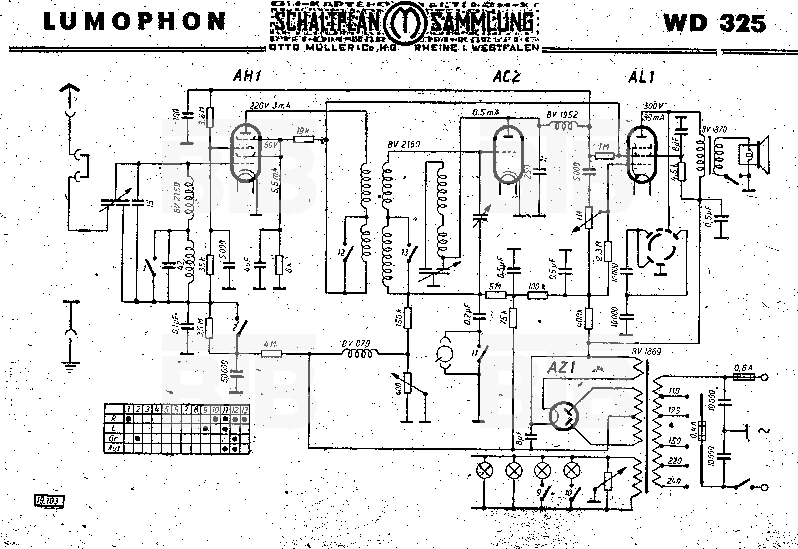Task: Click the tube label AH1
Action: [x=247, y=76]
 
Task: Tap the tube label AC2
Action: [x=506, y=77]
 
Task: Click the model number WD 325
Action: [x=715, y=23]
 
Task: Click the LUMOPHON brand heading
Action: [x=134, y=21]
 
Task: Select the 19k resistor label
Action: [x=303, y=131]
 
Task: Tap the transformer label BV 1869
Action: [x=646, y=351]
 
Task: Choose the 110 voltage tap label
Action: [x=674, y=391]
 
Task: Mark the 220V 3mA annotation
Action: [x=270, y=106]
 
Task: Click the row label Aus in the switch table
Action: [x=114, y=448]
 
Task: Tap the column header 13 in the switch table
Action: [x=245, y=410]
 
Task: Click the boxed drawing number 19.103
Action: [x=48, y=500]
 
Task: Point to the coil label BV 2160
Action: [x=404, y=144]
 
